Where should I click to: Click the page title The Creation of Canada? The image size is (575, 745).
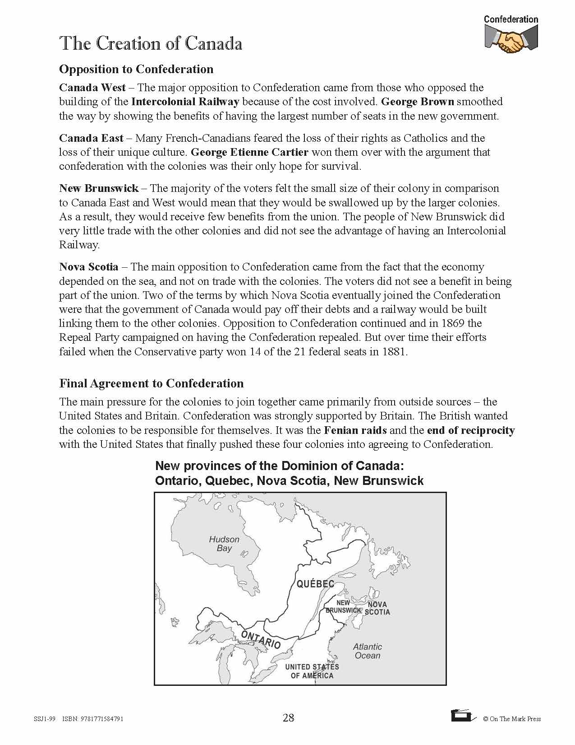point(151,44)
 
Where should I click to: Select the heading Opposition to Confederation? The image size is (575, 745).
point(136,69)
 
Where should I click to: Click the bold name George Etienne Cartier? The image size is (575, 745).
point(250,152)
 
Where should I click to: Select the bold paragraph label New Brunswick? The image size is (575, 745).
point(99,188)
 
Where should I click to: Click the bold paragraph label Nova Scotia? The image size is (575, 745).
point(89,267)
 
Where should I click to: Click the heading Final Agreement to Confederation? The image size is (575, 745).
point(151,383)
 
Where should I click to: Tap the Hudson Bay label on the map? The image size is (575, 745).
point(224,544)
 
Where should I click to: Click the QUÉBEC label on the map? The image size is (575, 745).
point(315,584)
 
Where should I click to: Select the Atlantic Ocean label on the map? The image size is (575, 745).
point(368,651)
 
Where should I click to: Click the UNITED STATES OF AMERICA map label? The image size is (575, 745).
point(312,671)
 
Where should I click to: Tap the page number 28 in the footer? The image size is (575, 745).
point(288,717)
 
